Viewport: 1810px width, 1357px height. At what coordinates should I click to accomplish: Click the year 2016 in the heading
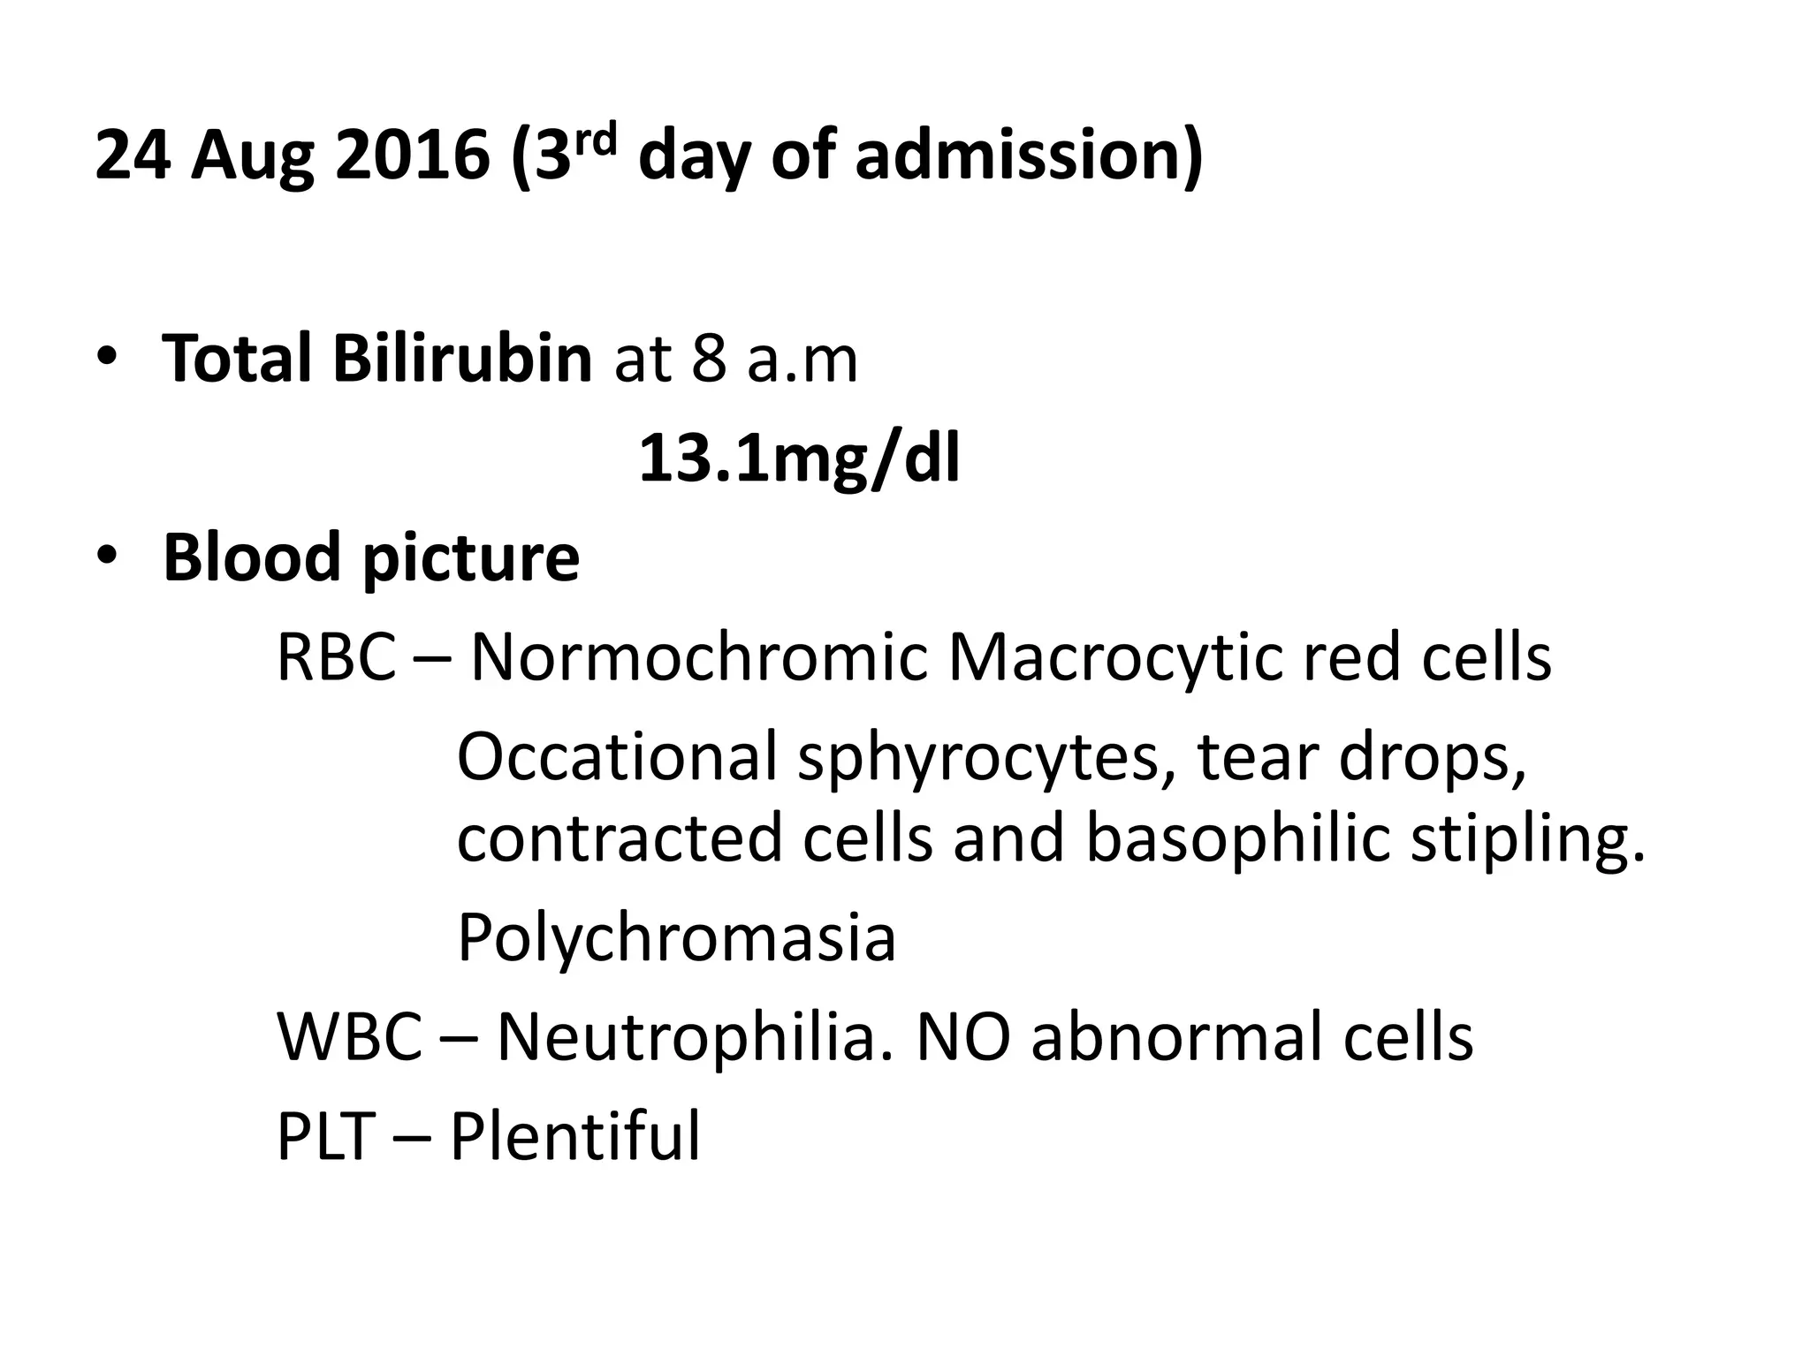(412, 155)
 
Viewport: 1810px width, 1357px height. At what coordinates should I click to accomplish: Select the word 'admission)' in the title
(1029, 155)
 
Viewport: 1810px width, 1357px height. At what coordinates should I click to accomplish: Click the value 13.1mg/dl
(799, 459)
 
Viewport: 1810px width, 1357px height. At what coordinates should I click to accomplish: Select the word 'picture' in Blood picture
(470, 559)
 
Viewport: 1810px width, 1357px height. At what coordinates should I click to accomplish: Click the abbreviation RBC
(336, 657)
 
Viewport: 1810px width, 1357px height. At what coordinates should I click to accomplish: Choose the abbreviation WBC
(350, 1036)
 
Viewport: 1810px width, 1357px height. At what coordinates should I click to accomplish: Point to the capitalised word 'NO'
(963, 1036)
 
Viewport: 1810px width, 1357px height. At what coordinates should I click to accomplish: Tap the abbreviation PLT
(326, 1136)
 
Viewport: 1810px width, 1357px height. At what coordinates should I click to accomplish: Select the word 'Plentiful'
(575, 1136)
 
